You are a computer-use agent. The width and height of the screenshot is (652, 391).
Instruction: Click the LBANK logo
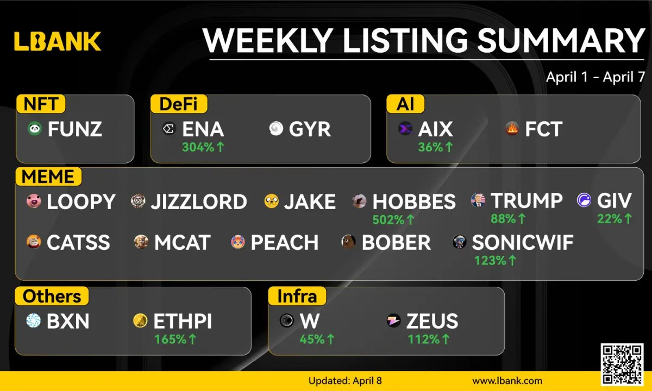click(58, 41)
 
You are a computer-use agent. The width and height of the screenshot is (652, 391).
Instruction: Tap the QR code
click(622, 364)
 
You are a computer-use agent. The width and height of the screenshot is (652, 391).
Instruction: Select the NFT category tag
click(41, 104)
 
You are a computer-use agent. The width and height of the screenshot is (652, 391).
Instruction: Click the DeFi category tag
click(179, 104)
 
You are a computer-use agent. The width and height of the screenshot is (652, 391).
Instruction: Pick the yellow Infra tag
click(297, 296)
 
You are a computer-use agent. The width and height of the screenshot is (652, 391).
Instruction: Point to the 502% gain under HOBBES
click(393, 219)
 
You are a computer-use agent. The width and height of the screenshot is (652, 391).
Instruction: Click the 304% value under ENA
click(203, 147)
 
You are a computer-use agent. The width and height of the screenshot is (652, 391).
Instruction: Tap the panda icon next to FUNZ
click(35, 129)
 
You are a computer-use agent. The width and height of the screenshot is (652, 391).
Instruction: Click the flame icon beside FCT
click(512, 129)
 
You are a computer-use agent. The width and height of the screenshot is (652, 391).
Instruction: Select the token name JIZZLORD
click(199, 201)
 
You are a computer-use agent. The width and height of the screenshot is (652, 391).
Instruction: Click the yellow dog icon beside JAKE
click(271, 201)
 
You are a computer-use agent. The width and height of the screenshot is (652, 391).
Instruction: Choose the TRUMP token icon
click(478, 200)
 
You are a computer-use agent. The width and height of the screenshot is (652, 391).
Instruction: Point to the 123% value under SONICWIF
click(495, 260)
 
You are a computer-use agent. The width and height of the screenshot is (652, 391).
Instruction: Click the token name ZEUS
click(432, 321)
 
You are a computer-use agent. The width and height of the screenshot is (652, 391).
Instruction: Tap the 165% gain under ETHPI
click(175, 339)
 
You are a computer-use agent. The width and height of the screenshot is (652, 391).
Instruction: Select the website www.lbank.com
click(507, 381)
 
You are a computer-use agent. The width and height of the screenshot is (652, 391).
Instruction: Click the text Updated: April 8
click(345, 381)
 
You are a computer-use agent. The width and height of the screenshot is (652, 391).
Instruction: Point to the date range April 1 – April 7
click(595, 77)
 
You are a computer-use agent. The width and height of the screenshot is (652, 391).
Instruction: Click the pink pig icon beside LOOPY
click(34, 201)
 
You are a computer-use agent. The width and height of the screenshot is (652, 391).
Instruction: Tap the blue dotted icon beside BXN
click(34, 320)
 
